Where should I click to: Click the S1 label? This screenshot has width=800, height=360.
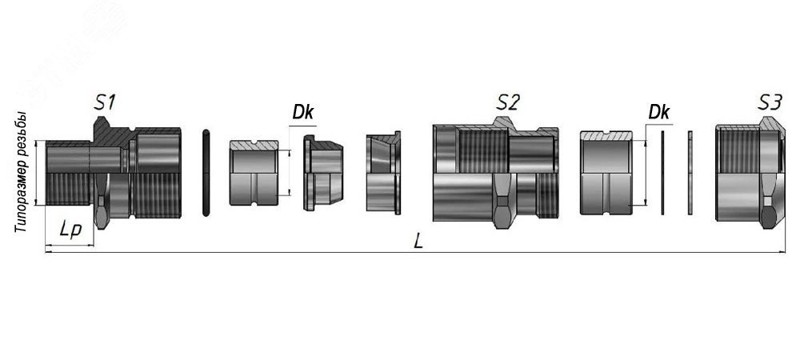tap(105, 102)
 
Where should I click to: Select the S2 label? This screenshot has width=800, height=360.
tap(508, 102)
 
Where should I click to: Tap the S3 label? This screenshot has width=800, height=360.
tap(770, 102)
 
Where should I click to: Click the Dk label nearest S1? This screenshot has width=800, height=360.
tap(302, 112)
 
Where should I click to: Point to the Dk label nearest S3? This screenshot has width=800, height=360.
tap(658, 112)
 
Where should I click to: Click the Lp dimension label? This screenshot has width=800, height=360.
tap(70, 230)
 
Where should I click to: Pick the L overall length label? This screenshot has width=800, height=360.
tap(418, 241)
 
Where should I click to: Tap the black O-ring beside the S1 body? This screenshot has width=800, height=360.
tap(206, 173)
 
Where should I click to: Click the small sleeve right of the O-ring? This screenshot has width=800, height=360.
tap(254, 173)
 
